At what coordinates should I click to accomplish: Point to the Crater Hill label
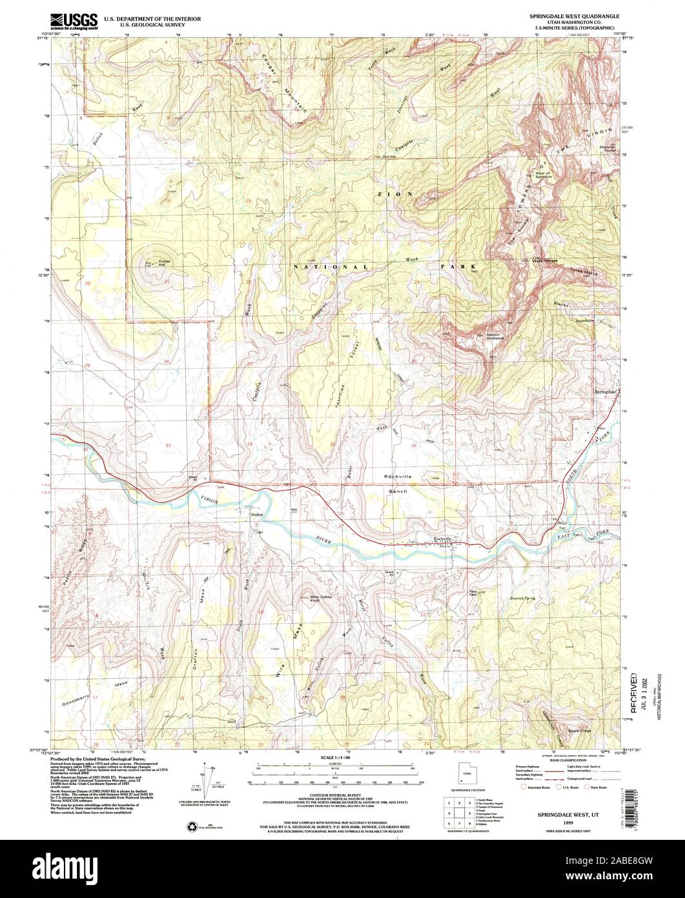tap(150, 264)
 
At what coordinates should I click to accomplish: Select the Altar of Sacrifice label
tap(544, 174)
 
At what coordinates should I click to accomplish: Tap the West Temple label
tap(544, 261)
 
